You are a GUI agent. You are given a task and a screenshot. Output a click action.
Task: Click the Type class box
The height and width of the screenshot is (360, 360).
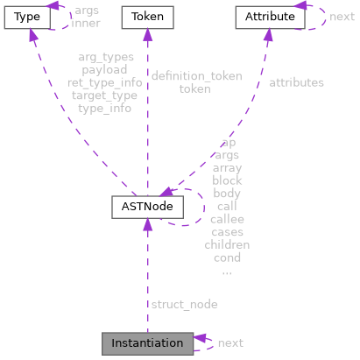pyautogui.click(x=25, y=17)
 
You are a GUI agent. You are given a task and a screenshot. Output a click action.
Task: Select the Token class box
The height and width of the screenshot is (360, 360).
pyautogui.click(x=146, y=17)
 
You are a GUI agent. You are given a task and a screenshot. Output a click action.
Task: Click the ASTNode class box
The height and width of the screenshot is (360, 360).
pyautogui.click(x=146, y=208)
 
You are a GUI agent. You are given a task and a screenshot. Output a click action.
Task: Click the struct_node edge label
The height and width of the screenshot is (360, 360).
pyautogui.click(x=184, y=304)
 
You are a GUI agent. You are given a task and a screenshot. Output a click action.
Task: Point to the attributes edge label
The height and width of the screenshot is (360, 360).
pyautogui.click(x=295, y=82)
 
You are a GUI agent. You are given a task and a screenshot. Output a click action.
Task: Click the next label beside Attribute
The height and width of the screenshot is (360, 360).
pyautogui.click(x=342, y=17)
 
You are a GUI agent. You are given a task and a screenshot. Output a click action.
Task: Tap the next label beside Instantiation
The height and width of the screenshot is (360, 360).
pyautogui.click(x=230, y=343)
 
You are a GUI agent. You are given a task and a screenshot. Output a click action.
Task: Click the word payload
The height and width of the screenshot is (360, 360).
pyautogui.click(x=104, y=69)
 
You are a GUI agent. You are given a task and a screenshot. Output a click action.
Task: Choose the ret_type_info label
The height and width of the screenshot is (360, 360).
pyautogui.click(x=104, y=82)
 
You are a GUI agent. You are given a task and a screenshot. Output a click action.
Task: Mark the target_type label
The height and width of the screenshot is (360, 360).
pyautogui.click(x=104, y=95)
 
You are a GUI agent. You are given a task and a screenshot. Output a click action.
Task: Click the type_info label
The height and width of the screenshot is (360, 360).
pyautogui.click(x=104, y=109)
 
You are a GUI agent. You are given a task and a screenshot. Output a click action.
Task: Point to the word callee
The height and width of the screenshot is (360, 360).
pyautogui.click(x=227, y=219)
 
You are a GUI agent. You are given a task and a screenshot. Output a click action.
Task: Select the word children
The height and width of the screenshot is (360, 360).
pyautogui.click(x=227, y=245)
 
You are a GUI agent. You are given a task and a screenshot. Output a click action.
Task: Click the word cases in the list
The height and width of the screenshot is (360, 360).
pyautogui.click(x=227, y=232)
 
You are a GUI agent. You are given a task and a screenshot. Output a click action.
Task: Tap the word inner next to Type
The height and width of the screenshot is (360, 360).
pyautogui.click(x=85, y=23)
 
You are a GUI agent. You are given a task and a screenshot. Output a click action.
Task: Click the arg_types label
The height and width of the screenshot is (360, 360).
pyautogui.click(x=104, y=57)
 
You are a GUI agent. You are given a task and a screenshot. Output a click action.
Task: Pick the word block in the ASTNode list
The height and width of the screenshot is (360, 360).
pyautogui.click(x=227, y=180)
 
